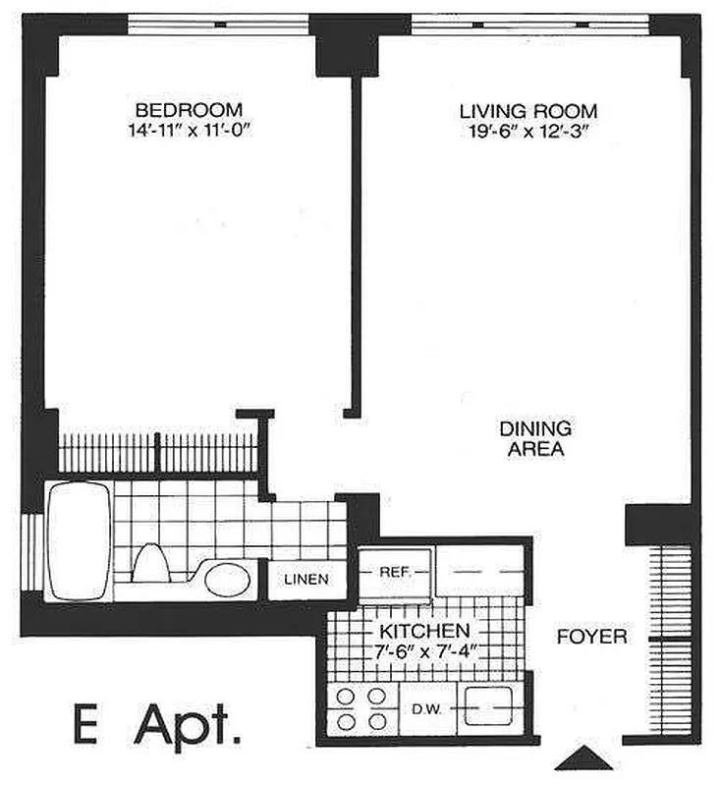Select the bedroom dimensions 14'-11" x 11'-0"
click(x=189, y=129)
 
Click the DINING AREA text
click(x=535, y=439)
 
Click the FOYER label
click(x=591, y=637)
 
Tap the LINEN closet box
click(x=306, y=580)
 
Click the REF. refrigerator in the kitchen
click(x=394, y=570)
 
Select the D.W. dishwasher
click(x=426, y=707)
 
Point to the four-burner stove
click(x=360, y=708)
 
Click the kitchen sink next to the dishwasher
click(x=488, y=707)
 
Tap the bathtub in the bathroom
click(x=78, y=539)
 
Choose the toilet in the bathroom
click(x=151, y=567)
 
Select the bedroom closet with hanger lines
click(x=157, y=453)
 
